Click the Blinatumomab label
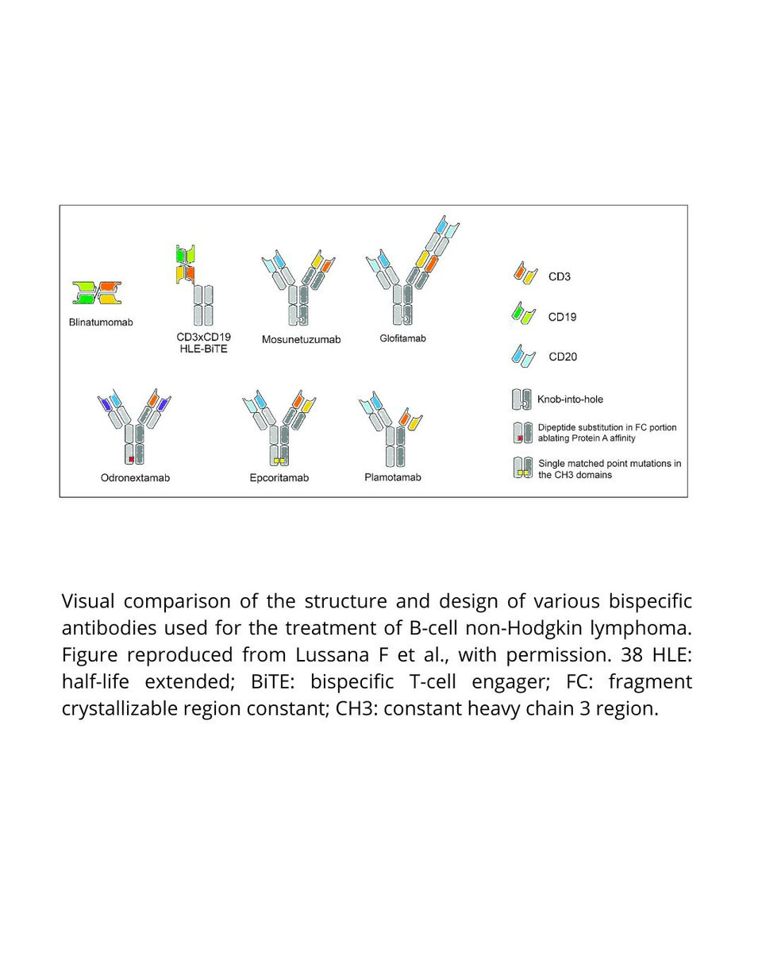pyautogui.click(x=101, y=322)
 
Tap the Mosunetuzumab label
pyautogui.click(x=301, y=339)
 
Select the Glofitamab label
pyautogui.click(x=402, y=338)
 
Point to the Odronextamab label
pyautogui.click(x=135, y=477)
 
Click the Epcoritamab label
pyautogui.click(x=279, y=477)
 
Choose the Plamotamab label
pyautogui.click(x=392, y=477)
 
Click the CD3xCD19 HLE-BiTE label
pyautogui.click(x=204, y=342)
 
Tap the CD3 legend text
pyautogui.click(x=560, y=276)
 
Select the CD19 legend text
pyautogui.click(x=562, y=317)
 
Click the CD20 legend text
pyautogui.click(x=562, y=357)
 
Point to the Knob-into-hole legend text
pyautogui.click(x=570, y=399)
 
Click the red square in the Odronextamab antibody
pyautogui.click(x=131, y=459)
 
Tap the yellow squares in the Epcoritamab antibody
pyautogui.click(x=279, y=461)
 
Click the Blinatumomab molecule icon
pyautogui.click(x=97, y=293)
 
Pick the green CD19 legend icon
pyautogui.click(x=523, y=313)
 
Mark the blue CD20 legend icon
pyautogui.click(x=523, y=356)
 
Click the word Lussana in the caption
pyautogui.click(x=332, y=654)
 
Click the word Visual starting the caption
pyautogui.click(x=88, y=600)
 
